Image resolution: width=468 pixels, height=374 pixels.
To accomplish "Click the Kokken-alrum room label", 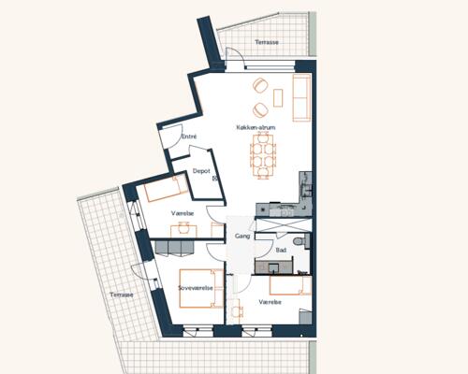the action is [x=256, y=127].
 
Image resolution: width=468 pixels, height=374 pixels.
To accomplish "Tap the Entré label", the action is [x=189, y=137].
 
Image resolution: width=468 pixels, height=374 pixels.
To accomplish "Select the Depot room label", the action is [x=201, y=171].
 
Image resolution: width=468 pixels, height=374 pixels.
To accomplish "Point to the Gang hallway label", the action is [x=242, y=237].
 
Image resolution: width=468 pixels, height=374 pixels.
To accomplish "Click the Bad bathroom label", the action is [x=281, y=250].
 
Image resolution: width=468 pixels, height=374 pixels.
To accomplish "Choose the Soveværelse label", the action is [x=196, y=288].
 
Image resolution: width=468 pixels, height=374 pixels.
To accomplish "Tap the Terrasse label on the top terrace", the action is [x=267, y=42].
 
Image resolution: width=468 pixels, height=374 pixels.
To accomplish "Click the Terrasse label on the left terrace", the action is [x=122, y=295].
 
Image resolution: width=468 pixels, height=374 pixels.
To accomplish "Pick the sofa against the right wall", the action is [x=301, y=97].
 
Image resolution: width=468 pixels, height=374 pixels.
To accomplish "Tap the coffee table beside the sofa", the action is [x=278, y=98].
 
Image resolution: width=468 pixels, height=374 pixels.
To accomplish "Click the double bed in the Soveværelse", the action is [x=201, y=289].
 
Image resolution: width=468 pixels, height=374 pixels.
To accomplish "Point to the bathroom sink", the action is [x=273, y=267].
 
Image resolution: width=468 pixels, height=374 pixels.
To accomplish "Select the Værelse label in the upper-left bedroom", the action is [x=183, y=213].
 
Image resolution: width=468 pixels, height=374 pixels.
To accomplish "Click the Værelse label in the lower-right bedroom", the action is [x=270, y=302].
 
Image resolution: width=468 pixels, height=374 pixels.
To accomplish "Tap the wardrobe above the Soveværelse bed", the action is [x=174, y=248].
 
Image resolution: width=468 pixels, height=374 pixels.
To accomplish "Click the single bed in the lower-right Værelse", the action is [x=291, y=286].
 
